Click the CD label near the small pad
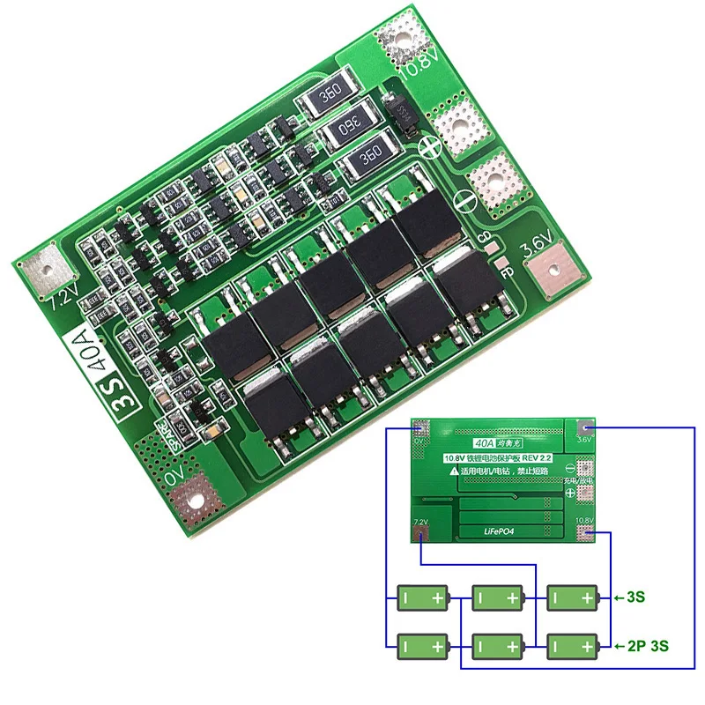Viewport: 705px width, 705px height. (x=483, y=237)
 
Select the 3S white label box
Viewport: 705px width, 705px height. (x=130, y=401)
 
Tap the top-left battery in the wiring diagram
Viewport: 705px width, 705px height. (x=423, y=597)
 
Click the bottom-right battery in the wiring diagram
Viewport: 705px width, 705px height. (x=574, y=646)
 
